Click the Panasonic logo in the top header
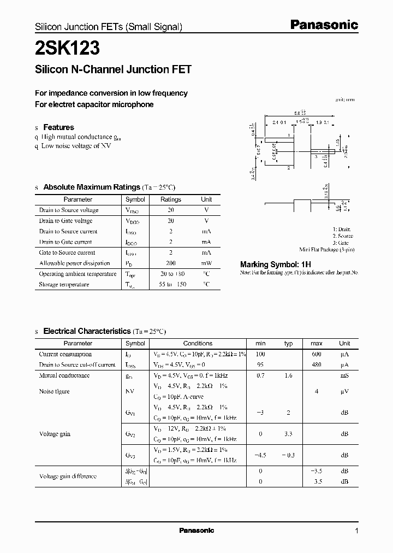pos(323,25)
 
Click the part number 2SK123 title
pos(67,49)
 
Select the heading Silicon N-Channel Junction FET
pos(113,69)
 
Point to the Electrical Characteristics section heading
pos(87,331)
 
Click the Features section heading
pos(58,127)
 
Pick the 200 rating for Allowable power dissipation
pos(171,263)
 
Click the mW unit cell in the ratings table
pos(206,263)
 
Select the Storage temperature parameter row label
pos(64,284)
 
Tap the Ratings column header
pos(171,199)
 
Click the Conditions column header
pos(198,343)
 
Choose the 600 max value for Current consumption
pos(317,354)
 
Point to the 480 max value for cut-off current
pos(317,364)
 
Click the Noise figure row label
pos(54,391)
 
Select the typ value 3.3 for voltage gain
pos(289,434)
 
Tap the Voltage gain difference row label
pos(68,476)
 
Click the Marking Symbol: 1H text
pos(276,264)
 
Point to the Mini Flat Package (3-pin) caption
pos(326,249)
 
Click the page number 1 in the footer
pos(356,531)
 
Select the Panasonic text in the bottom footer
pos(196,531)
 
